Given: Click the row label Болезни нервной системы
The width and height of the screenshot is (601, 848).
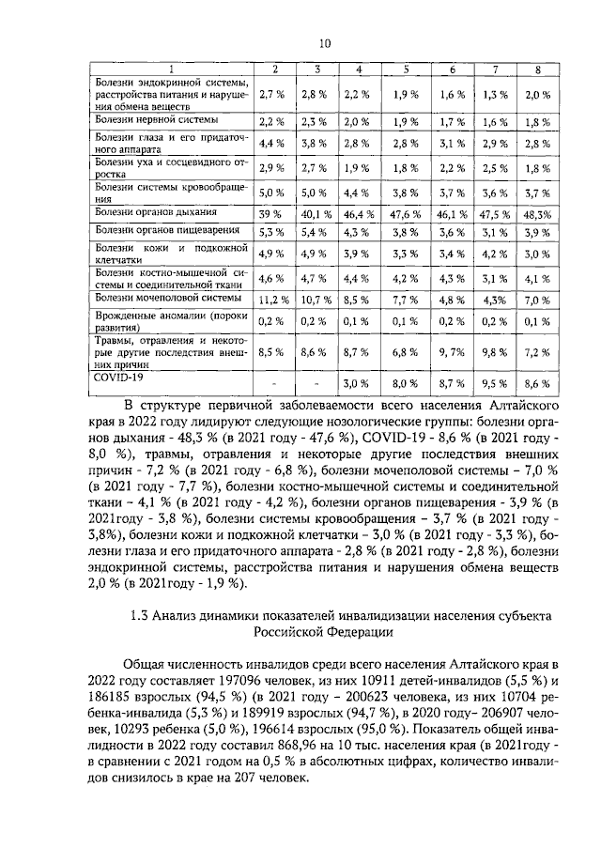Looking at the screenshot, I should (157, 121).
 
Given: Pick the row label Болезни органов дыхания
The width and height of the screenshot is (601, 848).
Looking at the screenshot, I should (158, 213).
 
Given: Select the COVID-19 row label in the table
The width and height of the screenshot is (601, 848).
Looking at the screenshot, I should (116, 400).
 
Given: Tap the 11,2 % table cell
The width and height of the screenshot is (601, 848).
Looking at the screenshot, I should (271, 300).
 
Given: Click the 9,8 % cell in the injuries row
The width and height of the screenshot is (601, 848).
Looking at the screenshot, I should (494, 378).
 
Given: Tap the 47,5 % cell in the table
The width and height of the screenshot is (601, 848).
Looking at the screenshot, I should (494, 214).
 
